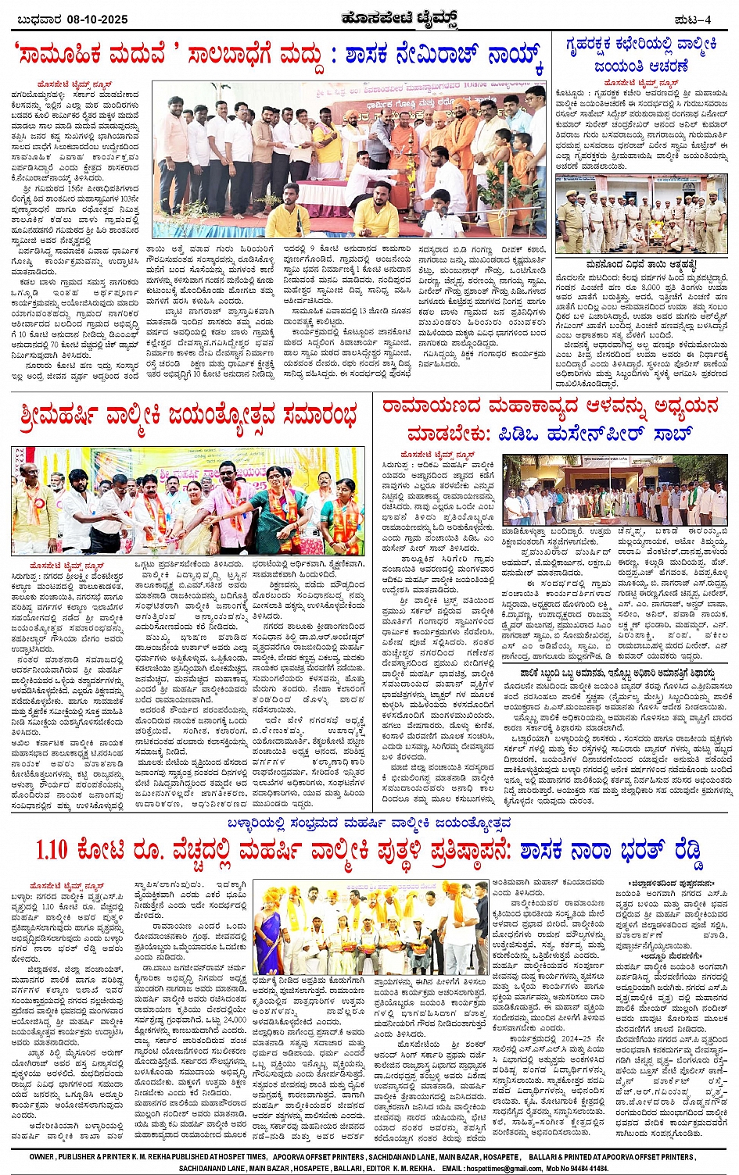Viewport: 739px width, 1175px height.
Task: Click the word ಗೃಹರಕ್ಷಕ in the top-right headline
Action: [x=599, y=45]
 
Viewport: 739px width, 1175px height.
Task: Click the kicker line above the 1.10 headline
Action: [x=369, y=822]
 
